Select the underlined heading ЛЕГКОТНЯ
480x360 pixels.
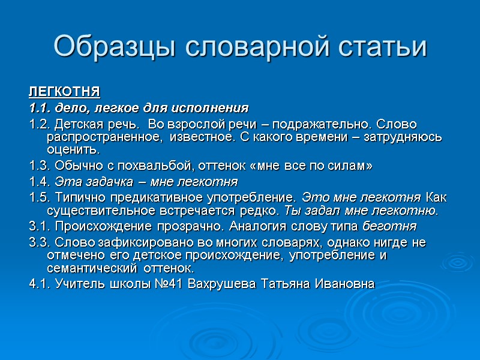click(64, 92)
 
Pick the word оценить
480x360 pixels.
click(70, 149)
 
